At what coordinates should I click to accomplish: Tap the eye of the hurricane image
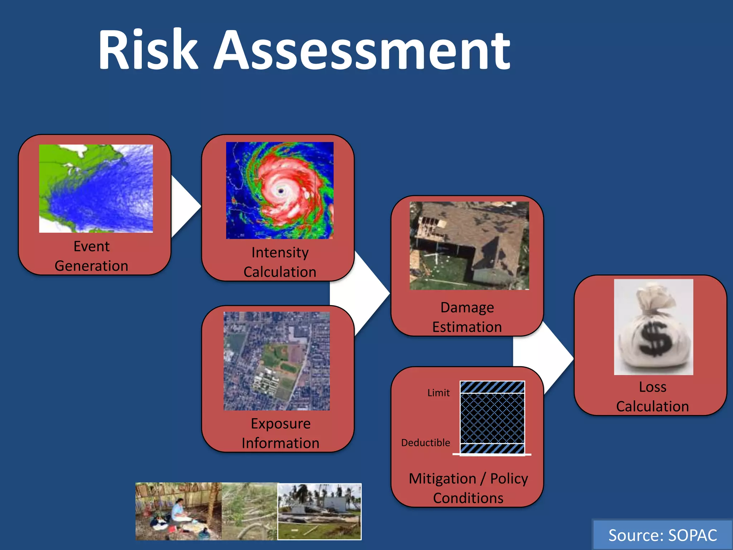(281, 191)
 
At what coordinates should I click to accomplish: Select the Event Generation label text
(92, 256)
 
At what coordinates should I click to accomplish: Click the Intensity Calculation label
(280, 262)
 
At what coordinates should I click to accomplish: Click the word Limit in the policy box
(438, 393)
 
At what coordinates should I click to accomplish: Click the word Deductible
(426, 443)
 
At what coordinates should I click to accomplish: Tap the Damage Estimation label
(467, 317)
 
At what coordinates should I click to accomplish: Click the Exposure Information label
(280, 433)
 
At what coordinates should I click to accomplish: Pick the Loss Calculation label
(652, 397)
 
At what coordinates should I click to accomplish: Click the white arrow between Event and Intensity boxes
(184, 206)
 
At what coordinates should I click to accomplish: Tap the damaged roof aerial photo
(469, 246)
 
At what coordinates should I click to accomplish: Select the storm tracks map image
(96, 188)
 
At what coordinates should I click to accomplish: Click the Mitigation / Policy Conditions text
(468, 488)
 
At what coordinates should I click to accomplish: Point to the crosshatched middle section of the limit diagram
(492, 418)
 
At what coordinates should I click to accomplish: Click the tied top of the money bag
(654, 297)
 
